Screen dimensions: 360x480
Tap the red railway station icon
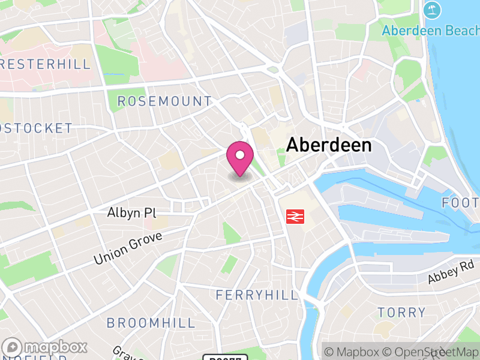(295, 216)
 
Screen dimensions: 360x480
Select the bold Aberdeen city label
(329, 145)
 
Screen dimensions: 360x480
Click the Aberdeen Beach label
(430, 30)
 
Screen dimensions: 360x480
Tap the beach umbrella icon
(431, 10)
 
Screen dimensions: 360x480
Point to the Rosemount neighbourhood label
(164, 101)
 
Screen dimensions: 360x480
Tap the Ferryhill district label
(257, 295)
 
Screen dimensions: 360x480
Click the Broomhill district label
(151, 323)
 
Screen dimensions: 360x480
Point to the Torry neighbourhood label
(401, 312)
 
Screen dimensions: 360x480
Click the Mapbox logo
(45, 347)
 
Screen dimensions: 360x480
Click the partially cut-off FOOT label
(461, 203)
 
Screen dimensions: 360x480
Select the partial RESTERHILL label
(45, 64)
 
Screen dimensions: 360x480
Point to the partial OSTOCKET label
(36, 128)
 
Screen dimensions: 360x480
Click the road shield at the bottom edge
(225, 358)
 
